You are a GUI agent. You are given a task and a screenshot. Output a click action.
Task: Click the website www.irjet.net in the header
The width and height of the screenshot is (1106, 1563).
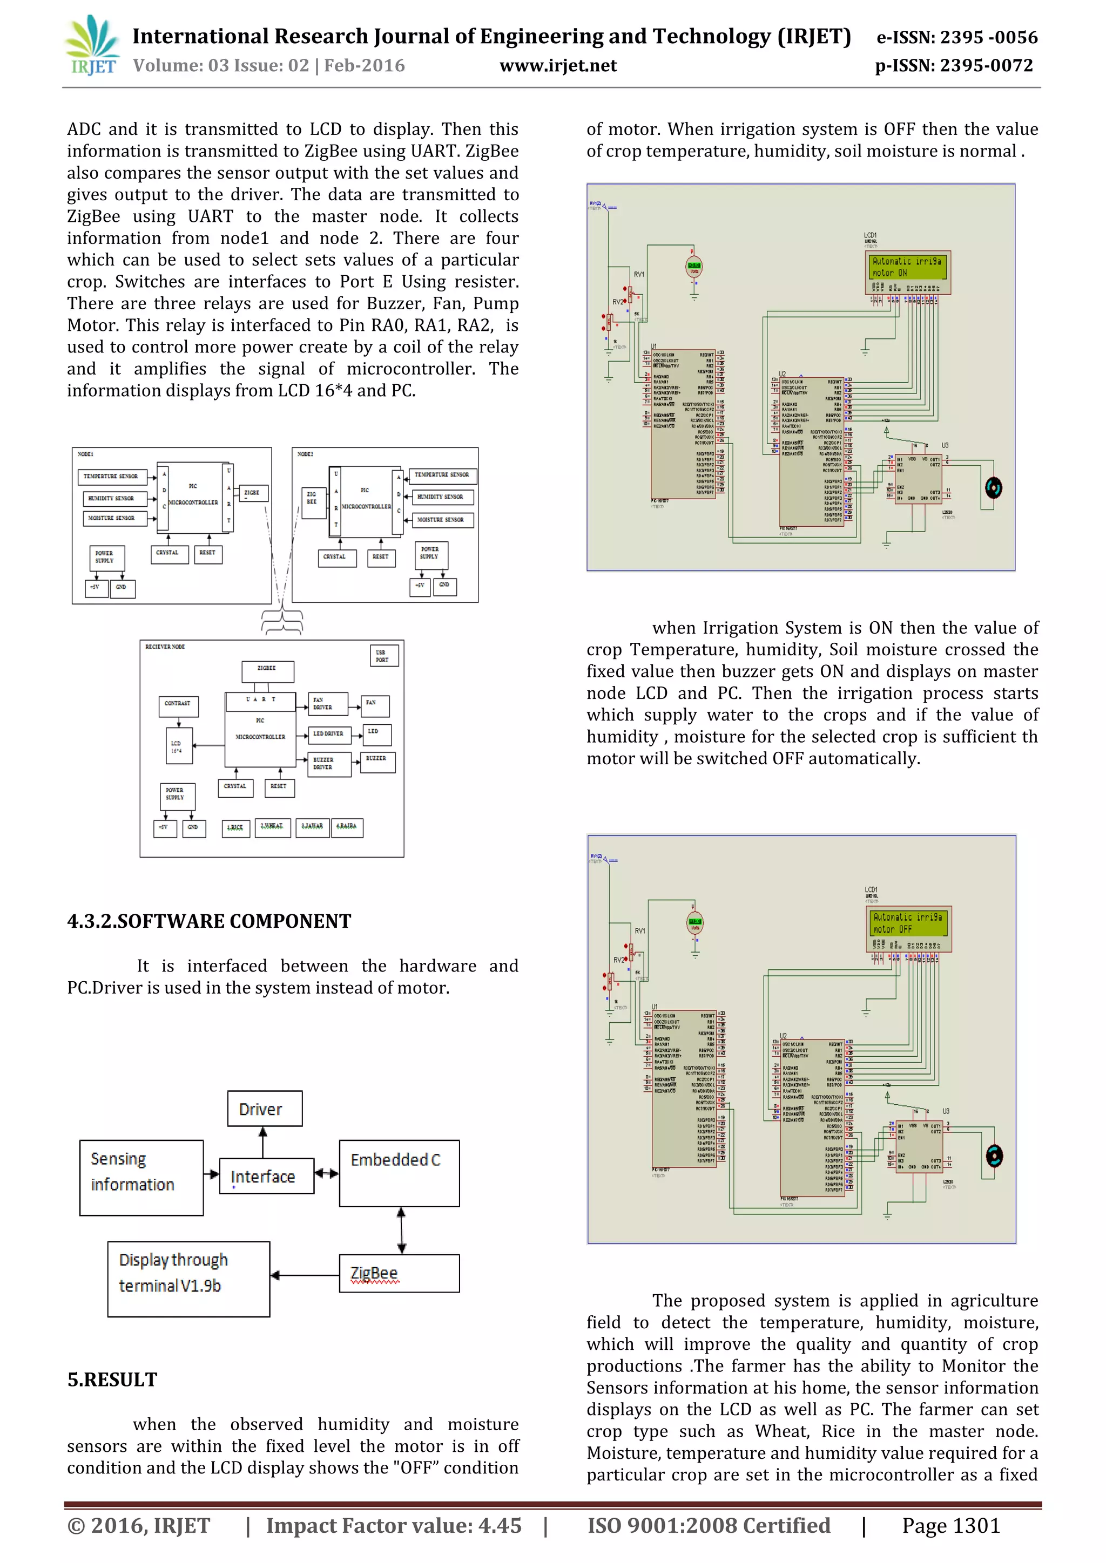[558, 65]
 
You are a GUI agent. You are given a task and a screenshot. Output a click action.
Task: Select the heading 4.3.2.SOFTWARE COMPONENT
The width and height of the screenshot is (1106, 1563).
[209, 921]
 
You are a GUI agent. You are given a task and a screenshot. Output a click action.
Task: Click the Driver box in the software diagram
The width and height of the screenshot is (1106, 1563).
[264, 1109]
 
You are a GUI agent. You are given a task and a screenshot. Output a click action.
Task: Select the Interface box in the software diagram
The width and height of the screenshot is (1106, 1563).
[266, 1175]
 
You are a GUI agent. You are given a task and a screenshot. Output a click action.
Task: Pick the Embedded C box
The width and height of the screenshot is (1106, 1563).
[399, 1173]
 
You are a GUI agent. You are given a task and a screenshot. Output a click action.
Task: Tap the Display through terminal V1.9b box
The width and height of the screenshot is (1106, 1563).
[188, 1279]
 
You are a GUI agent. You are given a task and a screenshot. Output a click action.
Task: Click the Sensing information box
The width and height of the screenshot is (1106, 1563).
[141, 1178]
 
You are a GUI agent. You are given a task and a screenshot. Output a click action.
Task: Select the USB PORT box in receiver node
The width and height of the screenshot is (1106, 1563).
[384, 656]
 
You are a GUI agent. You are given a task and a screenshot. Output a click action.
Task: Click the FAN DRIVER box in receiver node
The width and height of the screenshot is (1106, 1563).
[328, 703]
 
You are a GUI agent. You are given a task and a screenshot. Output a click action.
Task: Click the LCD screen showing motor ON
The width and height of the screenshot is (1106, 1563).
[908, 267]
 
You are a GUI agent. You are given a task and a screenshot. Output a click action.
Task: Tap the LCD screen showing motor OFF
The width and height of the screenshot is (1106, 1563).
[908, 923]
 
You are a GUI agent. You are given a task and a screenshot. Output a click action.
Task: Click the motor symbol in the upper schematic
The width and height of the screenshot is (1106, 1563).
[994, 487]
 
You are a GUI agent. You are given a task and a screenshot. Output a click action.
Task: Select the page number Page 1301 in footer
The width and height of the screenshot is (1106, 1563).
[950, 1526]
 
